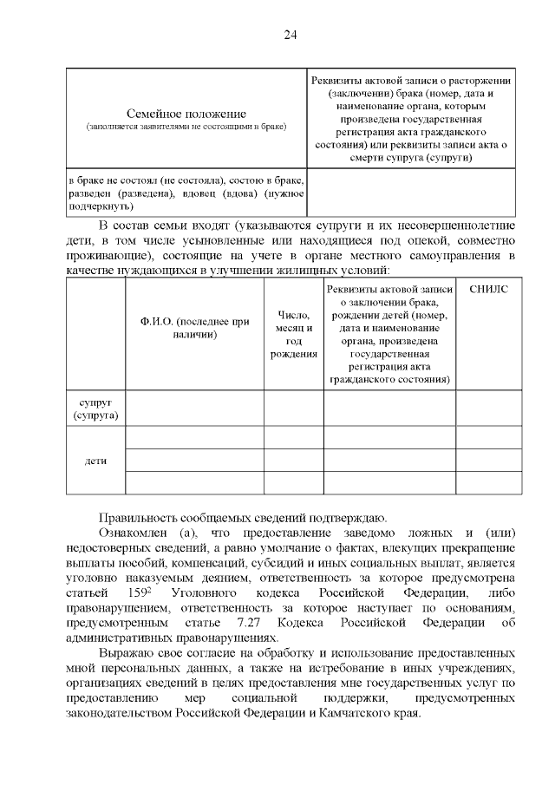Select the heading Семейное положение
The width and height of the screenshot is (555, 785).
[x=186, y=114]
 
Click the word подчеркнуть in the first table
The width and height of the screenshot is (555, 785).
[x=100, y=207]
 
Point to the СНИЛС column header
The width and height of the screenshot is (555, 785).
[x=488, y=289]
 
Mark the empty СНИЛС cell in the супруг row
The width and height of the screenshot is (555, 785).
[x=488, y=409]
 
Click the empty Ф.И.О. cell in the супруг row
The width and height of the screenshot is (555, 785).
[x=194, y=409]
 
